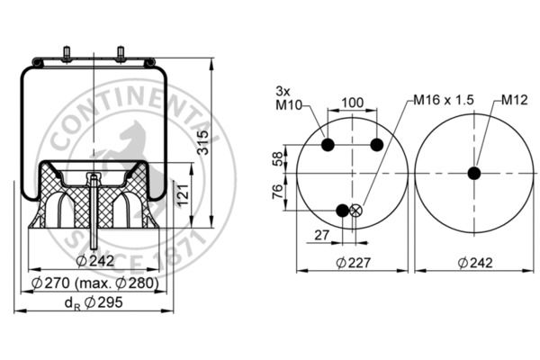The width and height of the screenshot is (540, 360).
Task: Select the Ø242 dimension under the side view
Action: (x=94, y=261)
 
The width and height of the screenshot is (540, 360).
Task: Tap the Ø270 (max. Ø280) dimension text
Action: (x=94, y=283)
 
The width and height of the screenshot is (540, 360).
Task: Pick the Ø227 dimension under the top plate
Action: (x=354, y=263)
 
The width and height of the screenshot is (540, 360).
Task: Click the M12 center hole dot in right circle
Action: (x=473, y=173)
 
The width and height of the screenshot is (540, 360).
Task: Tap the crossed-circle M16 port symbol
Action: (x=355, y=211)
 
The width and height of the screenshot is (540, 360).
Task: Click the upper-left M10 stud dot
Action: (x=328, y=146)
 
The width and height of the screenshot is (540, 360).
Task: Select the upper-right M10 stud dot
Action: (x=377, y=146)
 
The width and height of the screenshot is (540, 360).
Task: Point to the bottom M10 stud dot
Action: (x=342, y=211)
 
